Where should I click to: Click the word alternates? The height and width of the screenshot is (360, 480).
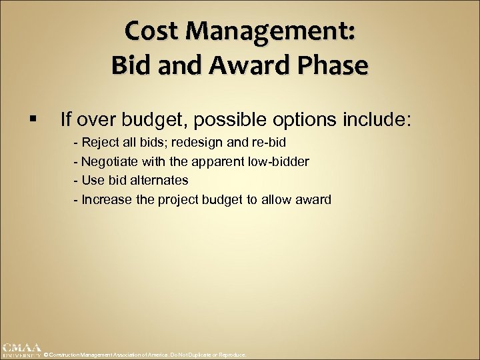pos(160,180)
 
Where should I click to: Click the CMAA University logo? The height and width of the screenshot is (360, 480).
pos(21,351)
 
